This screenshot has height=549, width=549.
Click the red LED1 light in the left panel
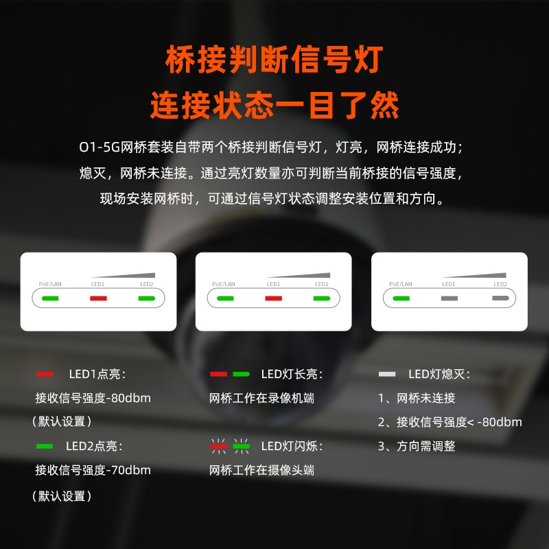point(98,299)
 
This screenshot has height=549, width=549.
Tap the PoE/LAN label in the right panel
point(400,283)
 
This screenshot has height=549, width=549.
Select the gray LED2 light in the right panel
point(500,299)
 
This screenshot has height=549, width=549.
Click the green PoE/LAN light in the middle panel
point(225,299)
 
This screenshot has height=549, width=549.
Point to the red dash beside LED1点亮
point(45,374)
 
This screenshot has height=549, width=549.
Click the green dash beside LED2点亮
point(45,446)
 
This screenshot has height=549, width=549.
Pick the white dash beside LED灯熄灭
point(387,374)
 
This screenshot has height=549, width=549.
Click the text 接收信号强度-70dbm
point(93,470)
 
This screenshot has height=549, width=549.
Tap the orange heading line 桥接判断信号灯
point(274,60)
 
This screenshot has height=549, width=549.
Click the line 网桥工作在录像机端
point(261,398)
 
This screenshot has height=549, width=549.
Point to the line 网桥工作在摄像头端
point(261,470)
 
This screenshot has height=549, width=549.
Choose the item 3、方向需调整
point(417,446)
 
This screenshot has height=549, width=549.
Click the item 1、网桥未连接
point(417,398)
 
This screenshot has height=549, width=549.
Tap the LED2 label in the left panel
point(146,283)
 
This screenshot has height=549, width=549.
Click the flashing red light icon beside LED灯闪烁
point(218,446)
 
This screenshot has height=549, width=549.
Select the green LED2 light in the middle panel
point(321,299)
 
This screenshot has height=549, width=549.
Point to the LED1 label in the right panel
point(449,283)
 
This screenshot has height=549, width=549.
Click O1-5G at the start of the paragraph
point(97,148)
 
